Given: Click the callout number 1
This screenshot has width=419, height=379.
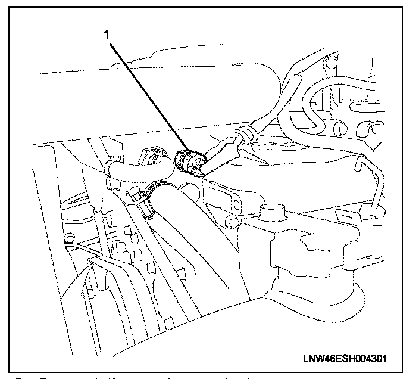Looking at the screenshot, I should [107, 35].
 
